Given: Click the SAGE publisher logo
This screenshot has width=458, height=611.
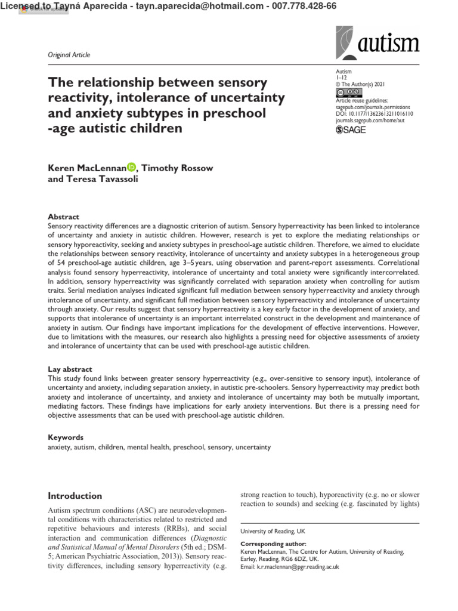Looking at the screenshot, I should click(351, 129).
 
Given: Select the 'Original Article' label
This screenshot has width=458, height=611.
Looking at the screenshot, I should click(69, 55).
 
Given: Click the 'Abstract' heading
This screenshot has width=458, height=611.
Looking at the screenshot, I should click(63, 217).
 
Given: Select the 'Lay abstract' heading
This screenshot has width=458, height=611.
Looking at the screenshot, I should click(70, 369).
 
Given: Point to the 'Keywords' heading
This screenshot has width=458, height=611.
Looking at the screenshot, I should click(65, 437).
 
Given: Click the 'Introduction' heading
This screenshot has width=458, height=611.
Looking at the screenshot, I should click(75, 496).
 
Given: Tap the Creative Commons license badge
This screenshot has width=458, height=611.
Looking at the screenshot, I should click(348, 92).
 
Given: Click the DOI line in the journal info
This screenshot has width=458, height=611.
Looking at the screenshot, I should click(375, 113).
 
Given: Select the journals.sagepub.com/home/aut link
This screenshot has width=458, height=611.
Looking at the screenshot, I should click(375, 121).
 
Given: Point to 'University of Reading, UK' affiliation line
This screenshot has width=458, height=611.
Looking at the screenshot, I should click(272, 530).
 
